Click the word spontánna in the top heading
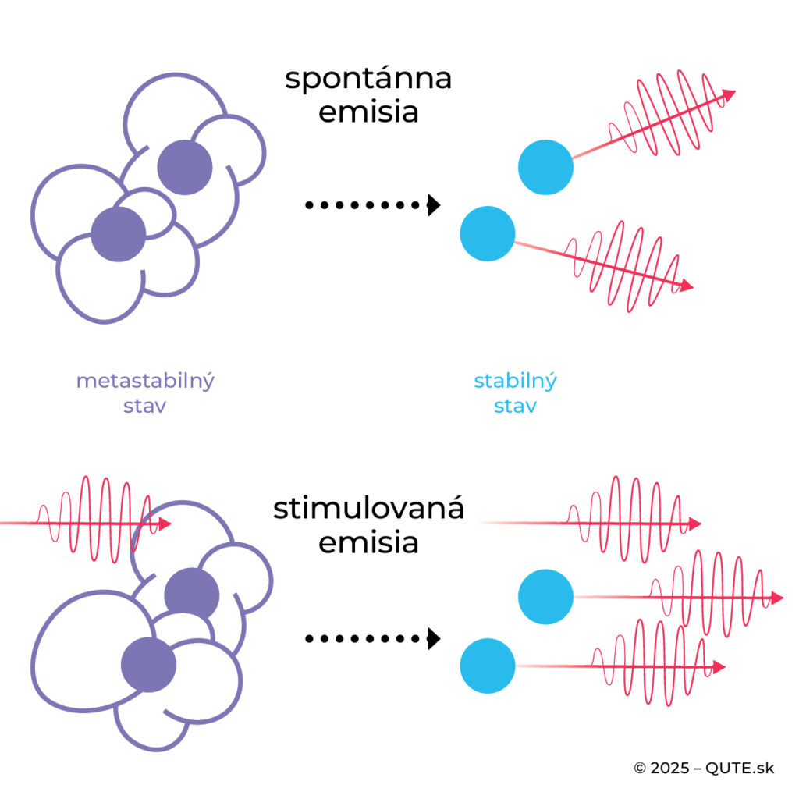coord(368,80)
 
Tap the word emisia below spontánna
coord(368,112)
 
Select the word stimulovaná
coord(368,510)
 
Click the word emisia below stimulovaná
coord(368,542)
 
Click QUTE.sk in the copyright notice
coord(740,769)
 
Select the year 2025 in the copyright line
coord(669,769)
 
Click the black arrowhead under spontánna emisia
coord(435,205)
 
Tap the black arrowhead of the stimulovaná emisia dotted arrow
coord(435,639)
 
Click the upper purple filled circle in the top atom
coord(185,167)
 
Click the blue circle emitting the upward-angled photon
coord(546,167)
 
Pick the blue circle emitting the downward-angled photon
coord(488,233)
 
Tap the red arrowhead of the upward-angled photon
coord(729,94)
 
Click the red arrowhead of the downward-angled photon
coord(687,286)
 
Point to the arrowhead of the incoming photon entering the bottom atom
coord(165,524)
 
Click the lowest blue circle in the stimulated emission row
coord(488,666)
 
